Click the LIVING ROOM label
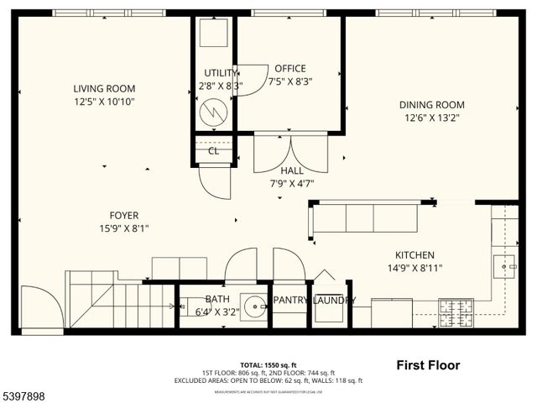click(104, 88)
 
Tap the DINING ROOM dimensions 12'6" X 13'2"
click(431, 118)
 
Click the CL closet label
click(213, 151)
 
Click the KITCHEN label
click(414, 255)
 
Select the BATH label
click(217, 299)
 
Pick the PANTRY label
click(289, 300)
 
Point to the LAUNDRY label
click(334, 301)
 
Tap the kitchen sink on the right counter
click(508, 266)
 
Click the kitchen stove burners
click(456, 314)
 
